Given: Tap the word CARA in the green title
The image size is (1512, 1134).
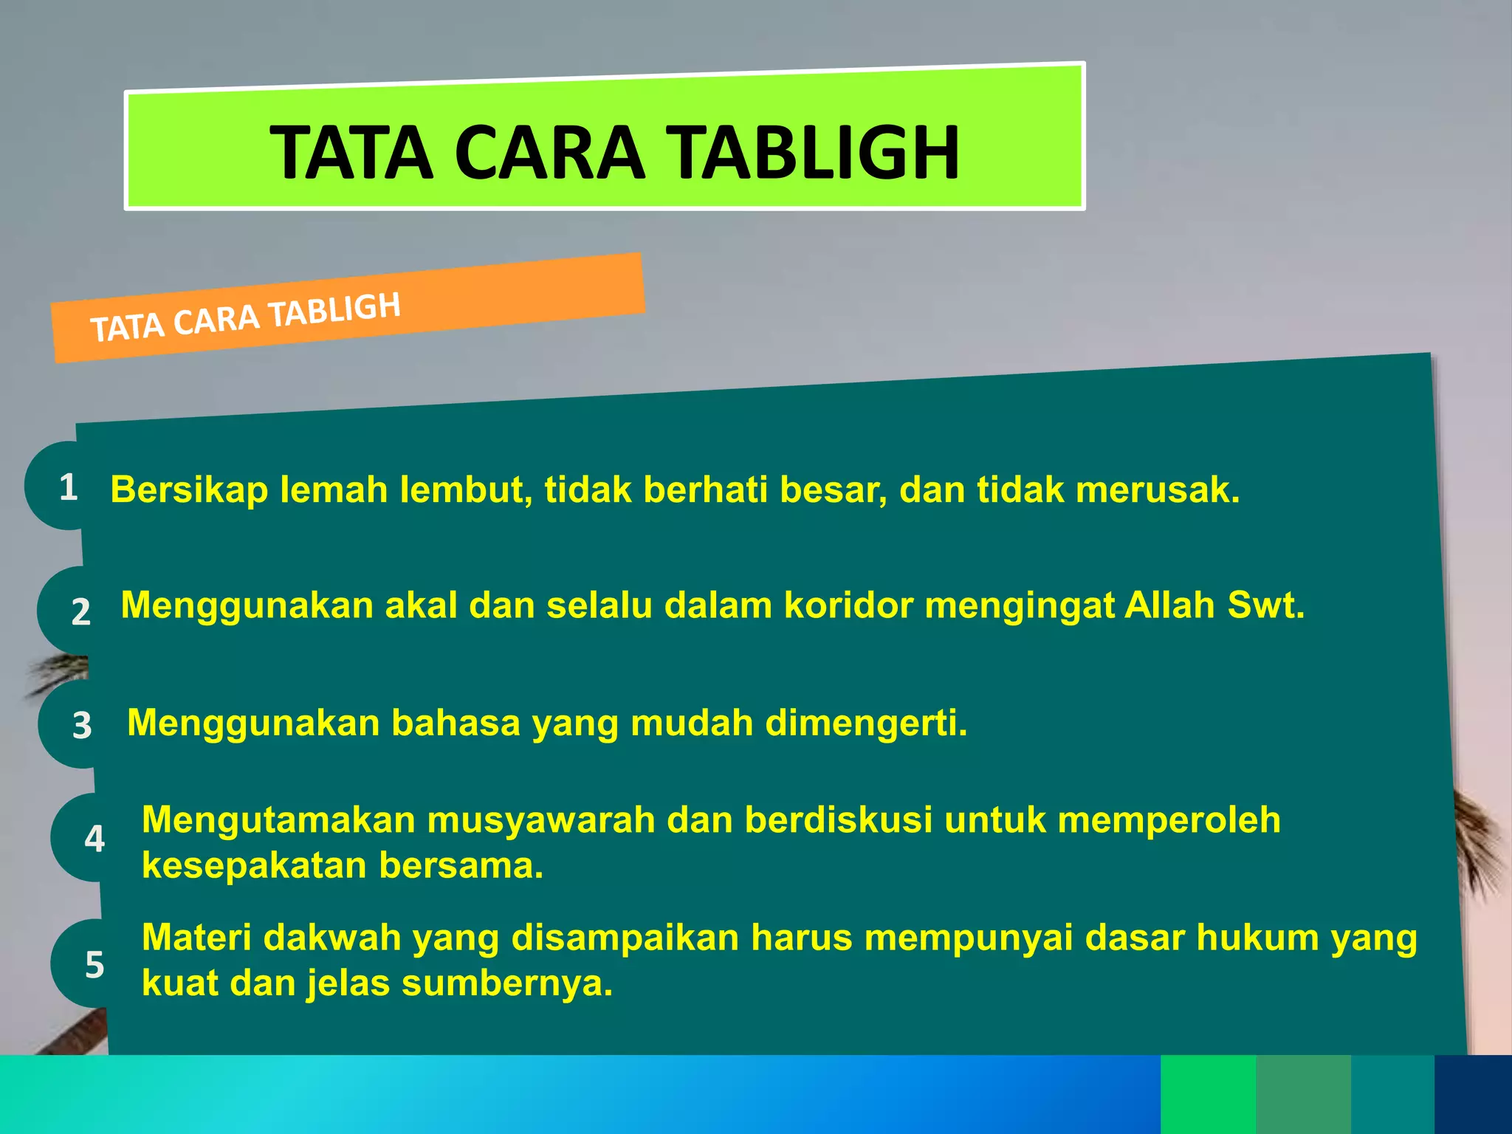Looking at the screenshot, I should click(549, 153).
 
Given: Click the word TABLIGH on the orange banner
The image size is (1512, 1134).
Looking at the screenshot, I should click(335, 310).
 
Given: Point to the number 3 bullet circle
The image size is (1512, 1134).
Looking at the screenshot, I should click(80, 725).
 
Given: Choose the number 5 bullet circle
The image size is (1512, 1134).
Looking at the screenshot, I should click(93, 964).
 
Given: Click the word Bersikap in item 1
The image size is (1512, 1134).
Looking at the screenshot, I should click(189, 490).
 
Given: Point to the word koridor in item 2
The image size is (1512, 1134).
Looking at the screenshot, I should click(848, 605).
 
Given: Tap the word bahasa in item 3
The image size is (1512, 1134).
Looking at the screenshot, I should click(456, 723).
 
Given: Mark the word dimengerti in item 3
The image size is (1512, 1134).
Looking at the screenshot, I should click(865, 723).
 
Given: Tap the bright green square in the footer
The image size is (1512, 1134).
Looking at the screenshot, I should click(1208, 1094).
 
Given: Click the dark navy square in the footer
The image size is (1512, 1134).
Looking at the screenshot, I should click(1473, 1094).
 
